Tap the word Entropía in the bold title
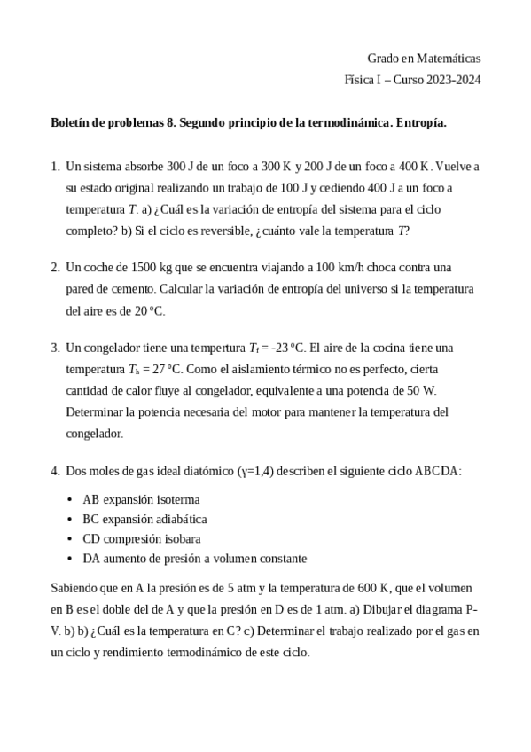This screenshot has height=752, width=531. [421, 123]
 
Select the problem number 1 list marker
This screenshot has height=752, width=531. [55, 166]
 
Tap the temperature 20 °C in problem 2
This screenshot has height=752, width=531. [146, 311]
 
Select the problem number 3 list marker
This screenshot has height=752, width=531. [55, 347]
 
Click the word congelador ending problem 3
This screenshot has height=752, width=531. [95, 434]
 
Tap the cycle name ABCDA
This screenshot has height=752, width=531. [437, 471]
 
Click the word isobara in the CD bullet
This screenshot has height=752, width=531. [181, 538]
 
